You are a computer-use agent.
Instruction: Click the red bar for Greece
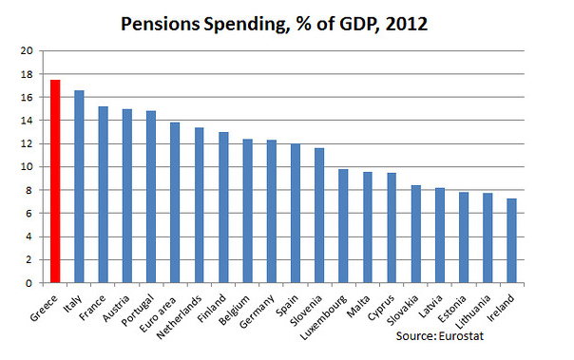(55, 181)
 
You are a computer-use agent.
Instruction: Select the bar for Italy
(79, 186)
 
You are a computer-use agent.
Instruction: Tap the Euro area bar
(175, 202)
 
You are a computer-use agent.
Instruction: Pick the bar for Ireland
(512, 240)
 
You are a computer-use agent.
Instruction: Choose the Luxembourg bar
(343, 226)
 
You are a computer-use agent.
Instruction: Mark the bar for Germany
(272, 212)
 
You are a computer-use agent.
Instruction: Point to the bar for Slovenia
(319, 216)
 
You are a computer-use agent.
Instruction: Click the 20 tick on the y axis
(27, 51)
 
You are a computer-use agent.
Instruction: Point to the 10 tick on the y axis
(27, 167)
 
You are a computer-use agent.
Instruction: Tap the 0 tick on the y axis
(29, 283)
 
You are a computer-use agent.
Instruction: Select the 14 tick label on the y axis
(27, 121)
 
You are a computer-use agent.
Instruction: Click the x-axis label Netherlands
(180, 317)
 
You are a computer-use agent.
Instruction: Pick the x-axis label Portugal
(138, 311)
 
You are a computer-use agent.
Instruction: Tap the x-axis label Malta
(358, 306)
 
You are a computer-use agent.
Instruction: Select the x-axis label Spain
(287, 306)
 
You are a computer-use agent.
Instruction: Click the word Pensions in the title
(161, 24)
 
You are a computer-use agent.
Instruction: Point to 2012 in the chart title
(407, 24)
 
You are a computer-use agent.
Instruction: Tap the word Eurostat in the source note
(461, 336)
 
